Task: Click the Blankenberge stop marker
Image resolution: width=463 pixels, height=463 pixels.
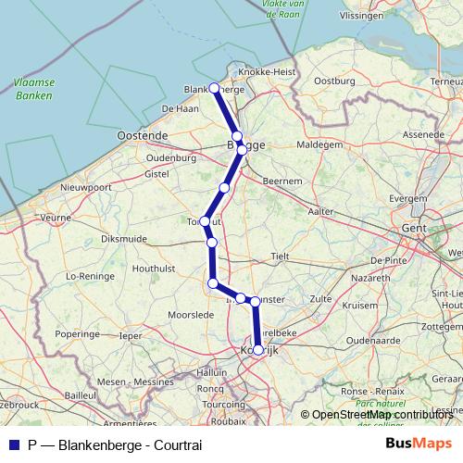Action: click(x=215, y=88)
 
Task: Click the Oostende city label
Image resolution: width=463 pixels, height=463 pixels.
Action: click(x=143, y=135)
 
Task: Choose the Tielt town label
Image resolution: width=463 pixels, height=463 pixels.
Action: click(x=281, y=256)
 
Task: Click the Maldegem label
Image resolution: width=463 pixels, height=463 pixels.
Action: click(x=319, y=145)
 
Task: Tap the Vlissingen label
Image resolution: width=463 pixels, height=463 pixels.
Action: click(x=361, y=16)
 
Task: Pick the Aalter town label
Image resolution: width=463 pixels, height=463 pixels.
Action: click(x=321, y=211)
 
